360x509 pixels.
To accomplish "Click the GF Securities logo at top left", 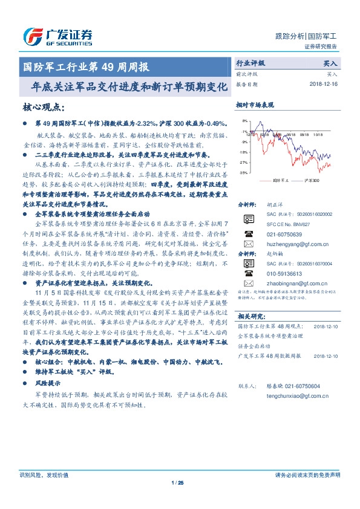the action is click(57, 37).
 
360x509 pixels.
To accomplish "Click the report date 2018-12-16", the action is click(322, 85).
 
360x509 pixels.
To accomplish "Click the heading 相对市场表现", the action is click(255, 105).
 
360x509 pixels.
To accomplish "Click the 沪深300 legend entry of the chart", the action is click(309, 180).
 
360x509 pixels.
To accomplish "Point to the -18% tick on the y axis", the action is click(243, 152).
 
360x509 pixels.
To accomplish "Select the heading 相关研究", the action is click(251, 316).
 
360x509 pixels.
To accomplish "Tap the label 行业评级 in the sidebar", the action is click(250, 63).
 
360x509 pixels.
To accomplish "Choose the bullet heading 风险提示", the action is click(48, 383).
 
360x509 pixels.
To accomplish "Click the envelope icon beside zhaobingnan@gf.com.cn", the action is click(249, 282).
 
